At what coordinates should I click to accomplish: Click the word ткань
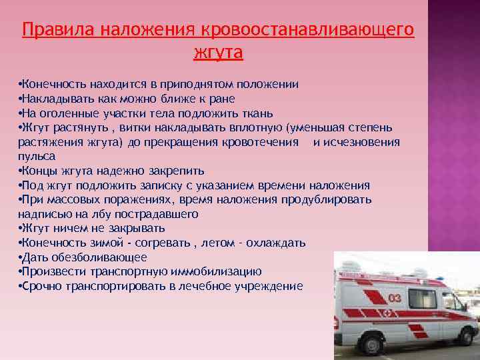(259, 113)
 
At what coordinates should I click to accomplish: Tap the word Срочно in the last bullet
(41, 286)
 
